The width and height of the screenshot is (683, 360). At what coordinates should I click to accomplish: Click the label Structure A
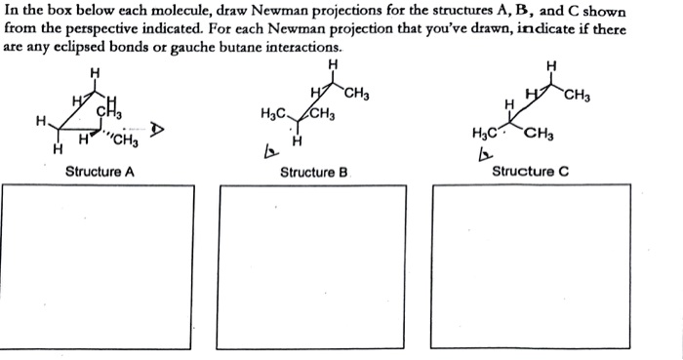coord(99,172)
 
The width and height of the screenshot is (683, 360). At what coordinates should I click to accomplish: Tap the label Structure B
coord(314,173)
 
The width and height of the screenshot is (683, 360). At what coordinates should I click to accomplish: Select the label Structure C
coord(530,172)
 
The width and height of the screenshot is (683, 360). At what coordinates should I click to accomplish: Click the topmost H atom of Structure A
coord(94,70)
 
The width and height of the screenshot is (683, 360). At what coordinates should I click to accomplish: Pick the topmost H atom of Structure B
coord(335,63)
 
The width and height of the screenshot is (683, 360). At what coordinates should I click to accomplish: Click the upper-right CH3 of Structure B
coord(357,95)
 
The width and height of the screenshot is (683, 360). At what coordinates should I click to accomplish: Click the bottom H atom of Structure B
coord(297,143)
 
